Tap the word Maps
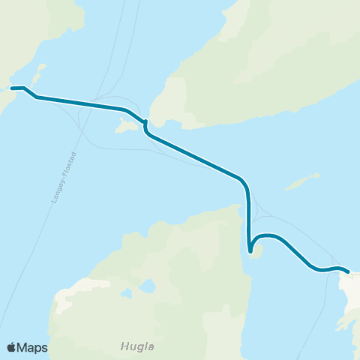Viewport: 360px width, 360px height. pyautogui.click(x=32, y=347)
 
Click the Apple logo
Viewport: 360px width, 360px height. pyautogui.click(x=11, y=347)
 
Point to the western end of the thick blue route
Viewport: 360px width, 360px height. pyautogui.click(x=12, y=88)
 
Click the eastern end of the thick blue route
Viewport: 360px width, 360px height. pyautogui.click(x=348, y=272)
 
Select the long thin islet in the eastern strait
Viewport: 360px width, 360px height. pyautogui.click(x=301, y=181)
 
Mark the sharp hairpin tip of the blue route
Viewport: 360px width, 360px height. pyautogui.click(x=250, y=252)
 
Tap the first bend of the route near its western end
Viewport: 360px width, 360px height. pyautogui.click(x=30, y=92)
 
